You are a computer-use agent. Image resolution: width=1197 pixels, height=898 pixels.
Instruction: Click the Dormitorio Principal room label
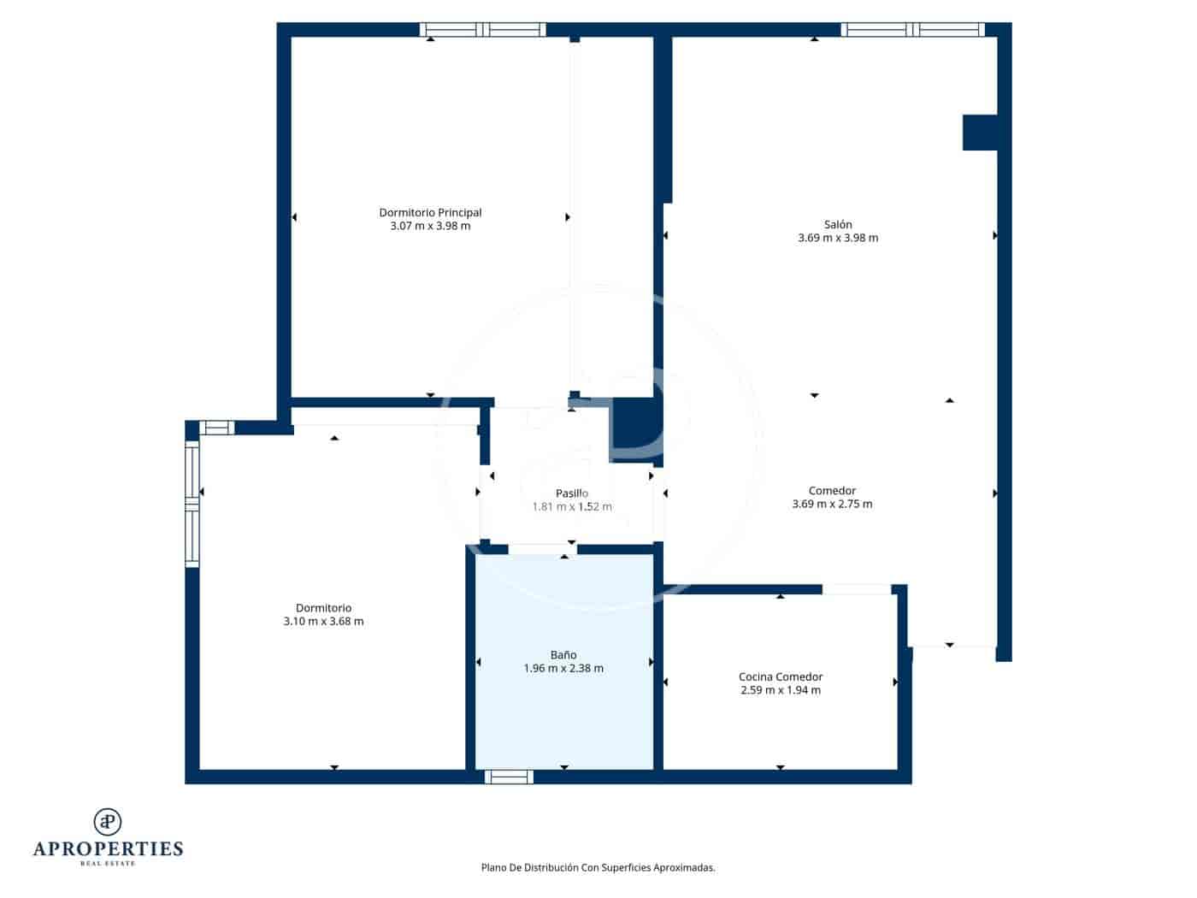(x=430, y=213)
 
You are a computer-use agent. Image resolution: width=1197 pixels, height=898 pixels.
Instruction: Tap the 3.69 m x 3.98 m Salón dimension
(x=837, y=239)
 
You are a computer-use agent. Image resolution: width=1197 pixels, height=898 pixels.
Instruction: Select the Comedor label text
(x=832, y=491)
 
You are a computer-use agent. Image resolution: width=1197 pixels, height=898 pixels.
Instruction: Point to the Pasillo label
(x=571, y=493)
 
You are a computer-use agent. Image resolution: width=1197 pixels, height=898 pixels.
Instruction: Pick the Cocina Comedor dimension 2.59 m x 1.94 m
(x=780, y=690)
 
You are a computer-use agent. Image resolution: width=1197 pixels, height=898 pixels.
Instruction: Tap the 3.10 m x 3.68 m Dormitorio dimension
(x=323, y=622)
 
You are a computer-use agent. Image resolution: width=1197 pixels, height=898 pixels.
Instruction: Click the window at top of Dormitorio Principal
(x=482, y=30)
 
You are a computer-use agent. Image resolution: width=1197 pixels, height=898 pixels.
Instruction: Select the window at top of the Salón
(x=912, y=30)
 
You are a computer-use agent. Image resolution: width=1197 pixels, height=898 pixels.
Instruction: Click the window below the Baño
(x=509, y=777)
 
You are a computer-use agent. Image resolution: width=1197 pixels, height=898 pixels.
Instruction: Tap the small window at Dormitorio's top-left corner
(x=216, y=428)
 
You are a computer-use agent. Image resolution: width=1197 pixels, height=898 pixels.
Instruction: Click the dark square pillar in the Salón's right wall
(x=980, y=133)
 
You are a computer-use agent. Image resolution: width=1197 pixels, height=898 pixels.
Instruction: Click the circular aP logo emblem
(x=108, y=822)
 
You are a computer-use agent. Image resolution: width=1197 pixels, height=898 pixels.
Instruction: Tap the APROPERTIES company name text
(x=108, y=849)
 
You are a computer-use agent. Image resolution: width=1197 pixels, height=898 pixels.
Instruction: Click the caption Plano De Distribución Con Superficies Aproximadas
(x=598, y=867)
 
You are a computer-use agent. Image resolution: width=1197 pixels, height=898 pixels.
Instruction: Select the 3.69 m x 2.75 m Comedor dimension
(x=832, y=505)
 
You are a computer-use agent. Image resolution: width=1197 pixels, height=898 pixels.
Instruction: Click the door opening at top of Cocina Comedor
(x=856, y=589)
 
